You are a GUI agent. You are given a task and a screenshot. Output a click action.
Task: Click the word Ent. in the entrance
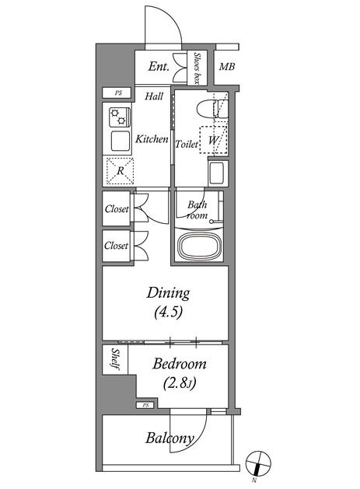pos(159,66)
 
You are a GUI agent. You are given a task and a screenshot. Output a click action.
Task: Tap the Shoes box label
pos(197,68)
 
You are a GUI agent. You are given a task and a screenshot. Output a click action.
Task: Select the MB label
pos(227,66)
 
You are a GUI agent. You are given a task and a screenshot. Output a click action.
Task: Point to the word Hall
pos(154,96)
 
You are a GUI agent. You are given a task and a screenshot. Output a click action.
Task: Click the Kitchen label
pos(152,139)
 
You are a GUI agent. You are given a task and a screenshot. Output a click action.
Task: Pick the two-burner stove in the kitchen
pos(120,117)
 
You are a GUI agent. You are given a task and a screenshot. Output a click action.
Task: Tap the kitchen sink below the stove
pos(121,141)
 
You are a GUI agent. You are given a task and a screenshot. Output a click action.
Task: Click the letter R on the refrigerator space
pos(120,171)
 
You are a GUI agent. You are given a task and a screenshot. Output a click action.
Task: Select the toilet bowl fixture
pos(212,108)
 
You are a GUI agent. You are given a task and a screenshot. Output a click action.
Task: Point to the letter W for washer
pos(213,140)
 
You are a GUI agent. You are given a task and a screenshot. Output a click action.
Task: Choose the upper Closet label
pos(117,208)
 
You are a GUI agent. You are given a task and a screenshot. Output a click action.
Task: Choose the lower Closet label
pos(116,246)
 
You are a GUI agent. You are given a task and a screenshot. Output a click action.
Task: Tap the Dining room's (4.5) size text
pos(168,312)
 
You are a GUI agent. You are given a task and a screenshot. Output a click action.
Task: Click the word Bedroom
pos(180,364)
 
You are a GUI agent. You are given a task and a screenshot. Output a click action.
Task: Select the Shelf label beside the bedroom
pos(115,359)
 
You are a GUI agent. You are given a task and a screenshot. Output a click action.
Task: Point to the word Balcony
pos(170,438)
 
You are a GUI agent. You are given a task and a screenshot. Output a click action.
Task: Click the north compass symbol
pos(258,463)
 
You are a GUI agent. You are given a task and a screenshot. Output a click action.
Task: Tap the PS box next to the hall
pos(117,93)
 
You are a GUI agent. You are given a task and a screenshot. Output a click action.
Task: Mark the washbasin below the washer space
pos(218,173)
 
